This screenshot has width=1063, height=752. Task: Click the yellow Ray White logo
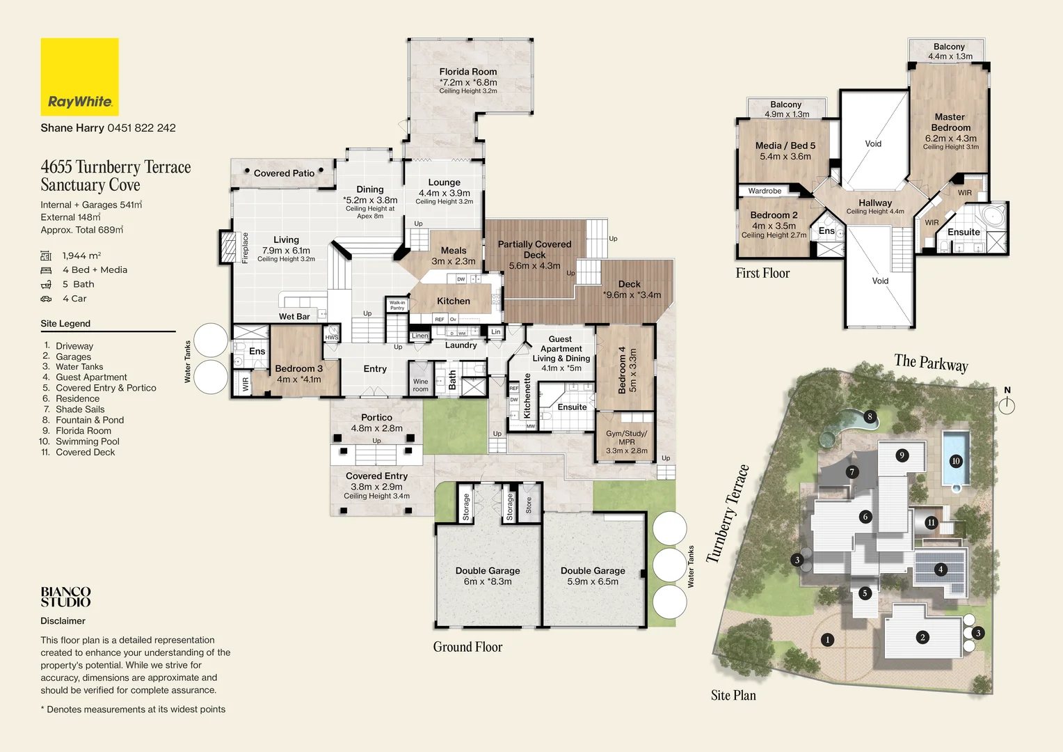tap(79, 77)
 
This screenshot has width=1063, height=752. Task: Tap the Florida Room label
tap(467, 72)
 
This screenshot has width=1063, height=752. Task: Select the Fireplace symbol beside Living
tap(228, 247)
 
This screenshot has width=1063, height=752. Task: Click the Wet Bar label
tap(294, 316)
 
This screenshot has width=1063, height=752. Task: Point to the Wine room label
tap(420, 385)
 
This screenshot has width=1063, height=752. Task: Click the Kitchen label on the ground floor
tap(453, 301)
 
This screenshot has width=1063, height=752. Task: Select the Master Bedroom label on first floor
tap(950, 123)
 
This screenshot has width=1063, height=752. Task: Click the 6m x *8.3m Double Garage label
tap(487, 575)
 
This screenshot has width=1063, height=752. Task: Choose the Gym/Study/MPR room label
tap(626, 441)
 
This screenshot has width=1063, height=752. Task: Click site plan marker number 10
tap(955, 461)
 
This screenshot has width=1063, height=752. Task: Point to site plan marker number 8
tap(870, 417)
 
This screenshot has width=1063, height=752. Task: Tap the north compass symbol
tap(1007, 405)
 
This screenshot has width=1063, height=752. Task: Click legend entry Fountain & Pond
tap(89, 420)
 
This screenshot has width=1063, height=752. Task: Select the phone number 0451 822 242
tap(141, 128)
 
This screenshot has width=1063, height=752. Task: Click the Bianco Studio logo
tap(65, 597)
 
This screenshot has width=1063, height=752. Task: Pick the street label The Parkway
tap(931, 363)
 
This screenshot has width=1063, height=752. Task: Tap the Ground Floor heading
tap(467, 647)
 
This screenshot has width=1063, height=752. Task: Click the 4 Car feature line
tap(74, 299)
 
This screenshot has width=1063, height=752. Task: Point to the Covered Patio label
tap(284, 173)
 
